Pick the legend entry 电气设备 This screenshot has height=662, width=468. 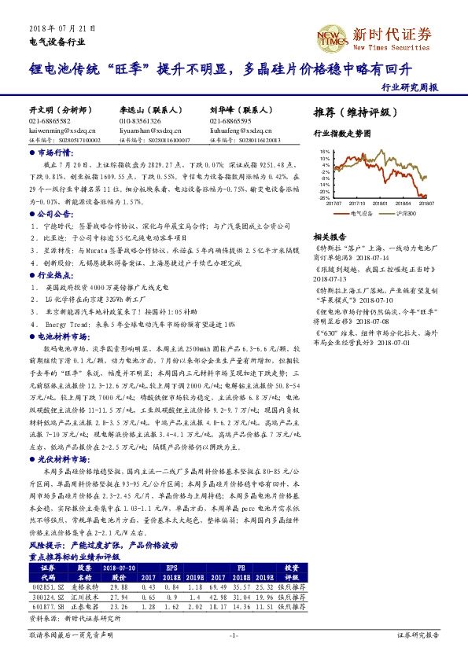[363, 213]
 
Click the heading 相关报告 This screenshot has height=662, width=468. [330, 236]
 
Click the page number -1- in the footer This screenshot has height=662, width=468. [234, 634]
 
